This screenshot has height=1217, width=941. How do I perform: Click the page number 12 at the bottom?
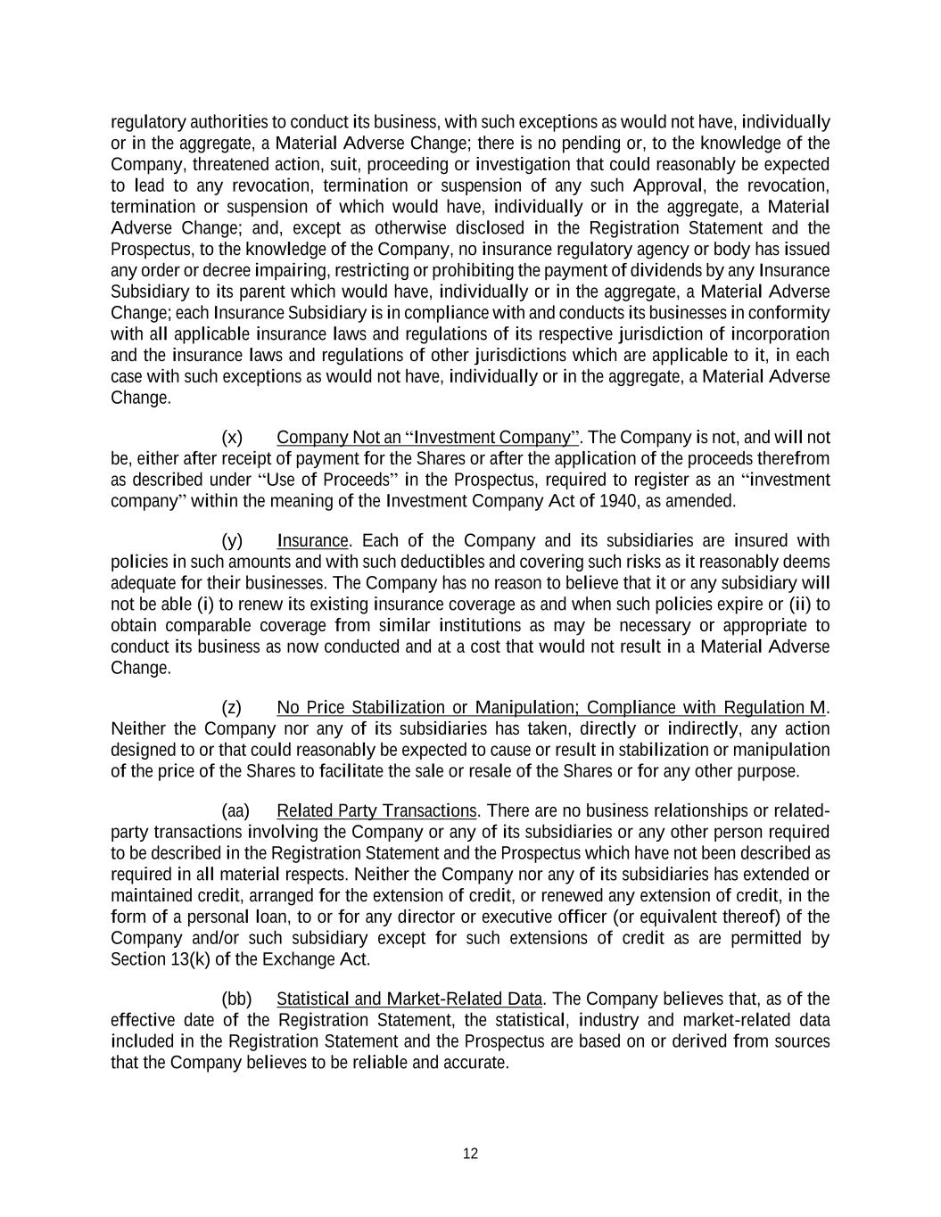point(470,1154)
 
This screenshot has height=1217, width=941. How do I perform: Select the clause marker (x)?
point(232,437)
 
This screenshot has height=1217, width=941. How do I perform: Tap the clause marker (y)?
point(232,540)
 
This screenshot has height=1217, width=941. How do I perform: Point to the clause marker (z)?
point(232,708)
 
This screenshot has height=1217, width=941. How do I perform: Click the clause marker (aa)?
point(235,810)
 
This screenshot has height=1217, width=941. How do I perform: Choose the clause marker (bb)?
point(236,999)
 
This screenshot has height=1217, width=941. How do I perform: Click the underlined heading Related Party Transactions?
point(376,810)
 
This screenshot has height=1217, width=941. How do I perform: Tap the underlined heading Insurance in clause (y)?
point(312,540)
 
